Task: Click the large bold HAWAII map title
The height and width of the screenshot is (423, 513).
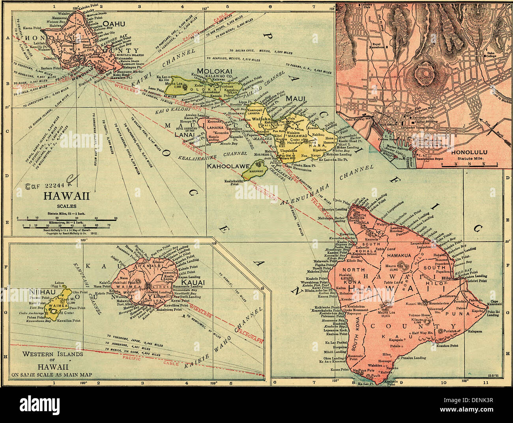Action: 66,196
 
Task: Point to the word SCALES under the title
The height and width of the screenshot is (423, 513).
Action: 66,206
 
